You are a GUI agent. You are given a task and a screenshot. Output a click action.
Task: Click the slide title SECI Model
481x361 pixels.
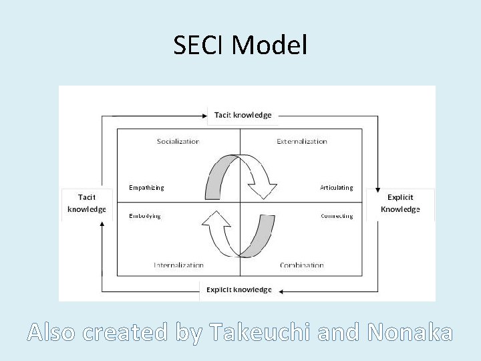click(x=240, y=45)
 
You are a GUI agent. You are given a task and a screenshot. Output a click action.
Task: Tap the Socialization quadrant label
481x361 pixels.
click(x=178, y=141)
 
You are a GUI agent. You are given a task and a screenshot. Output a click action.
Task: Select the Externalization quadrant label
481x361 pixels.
click(x=302, y=141)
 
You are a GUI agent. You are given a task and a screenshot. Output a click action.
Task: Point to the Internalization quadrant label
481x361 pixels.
click(x=178, y=265)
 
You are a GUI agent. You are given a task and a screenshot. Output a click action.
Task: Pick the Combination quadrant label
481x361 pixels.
click(x=302, y=265)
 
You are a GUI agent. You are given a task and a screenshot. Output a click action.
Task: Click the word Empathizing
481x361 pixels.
click(x=146, y=188)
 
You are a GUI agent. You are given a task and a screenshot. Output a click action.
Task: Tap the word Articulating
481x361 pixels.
click(x=336, y=188)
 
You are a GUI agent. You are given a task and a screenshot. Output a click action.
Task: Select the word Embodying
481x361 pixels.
click(x=145, y=216)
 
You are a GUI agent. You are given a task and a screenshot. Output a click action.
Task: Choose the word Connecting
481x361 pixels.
click(x=337, y=216)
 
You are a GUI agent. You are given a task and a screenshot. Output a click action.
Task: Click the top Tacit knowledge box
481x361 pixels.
click(x=243, y=115)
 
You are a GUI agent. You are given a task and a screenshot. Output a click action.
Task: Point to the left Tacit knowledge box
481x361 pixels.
click(x=86, y=203)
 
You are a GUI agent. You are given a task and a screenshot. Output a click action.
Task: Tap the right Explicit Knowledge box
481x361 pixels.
click(x=400, y=203)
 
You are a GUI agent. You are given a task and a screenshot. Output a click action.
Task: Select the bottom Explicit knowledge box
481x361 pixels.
click(x=238, y=289)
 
